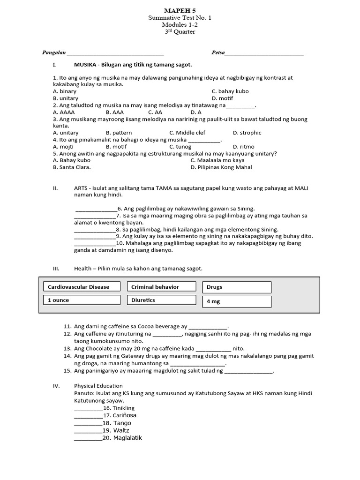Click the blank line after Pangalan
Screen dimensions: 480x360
pyautogui.click(x=115, y=54)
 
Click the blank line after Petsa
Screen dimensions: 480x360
pyautogui.click(x=264, y=54)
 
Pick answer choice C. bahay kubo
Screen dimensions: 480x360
pyautogui.click(x=230, y=91)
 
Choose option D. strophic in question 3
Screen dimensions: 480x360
pyautogui.click(x=247, y=133)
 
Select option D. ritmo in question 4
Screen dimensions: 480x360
pyautogui.click(x=244, y=147)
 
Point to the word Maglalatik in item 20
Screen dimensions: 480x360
pyautogui.click(x=127, y=438)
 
